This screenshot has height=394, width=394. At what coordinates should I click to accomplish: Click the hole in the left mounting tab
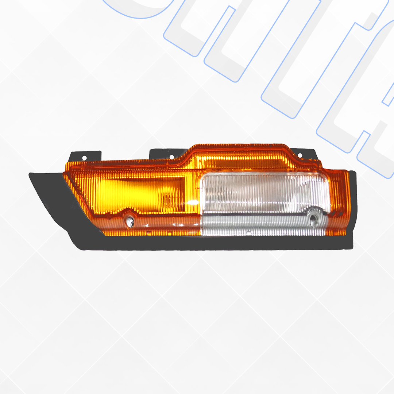click(x=84, y=158)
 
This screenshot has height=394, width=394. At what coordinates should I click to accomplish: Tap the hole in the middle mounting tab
click(x=172, y=157)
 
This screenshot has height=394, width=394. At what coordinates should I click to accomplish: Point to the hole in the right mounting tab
click(x=300, y=155)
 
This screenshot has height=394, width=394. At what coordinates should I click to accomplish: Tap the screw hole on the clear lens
click(x=313, y=220)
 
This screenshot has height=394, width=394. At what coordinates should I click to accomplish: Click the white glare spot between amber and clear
click(x=193, y=202)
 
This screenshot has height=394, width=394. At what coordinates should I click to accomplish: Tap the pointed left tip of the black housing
click(x=31, y=175)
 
